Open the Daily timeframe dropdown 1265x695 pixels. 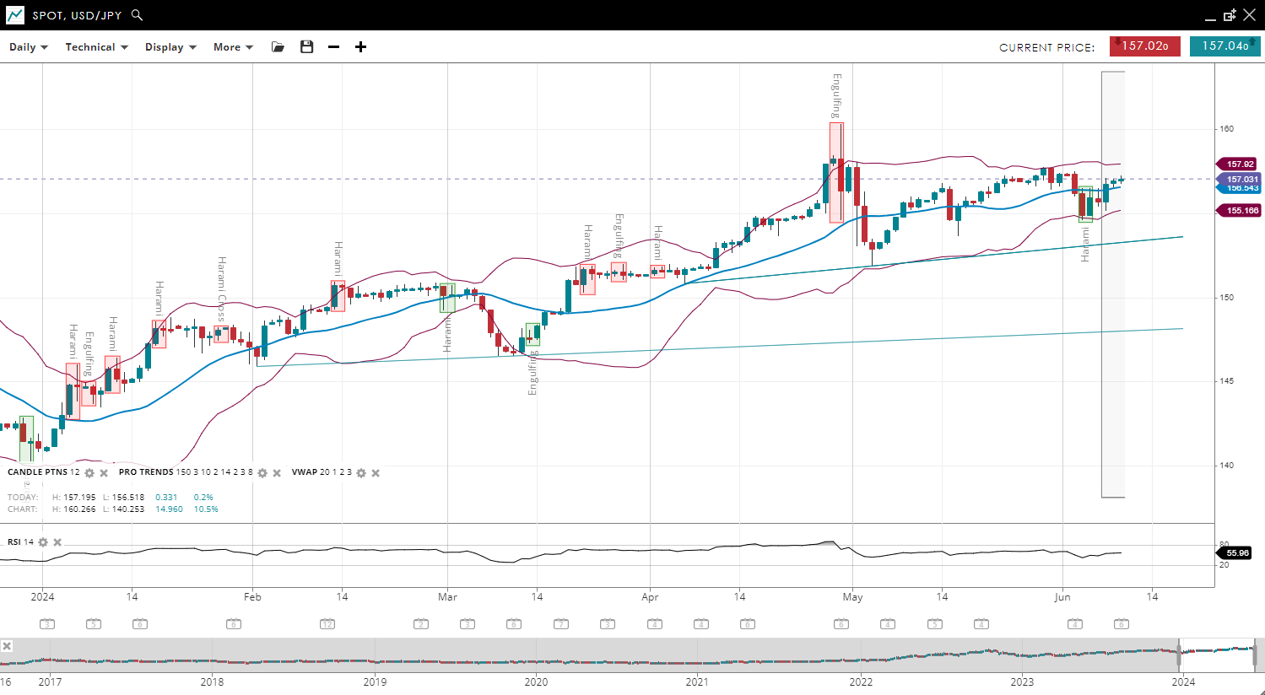point(28,47)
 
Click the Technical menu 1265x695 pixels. point(96,47)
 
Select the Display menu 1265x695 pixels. point(170,47)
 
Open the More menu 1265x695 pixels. point(233,47)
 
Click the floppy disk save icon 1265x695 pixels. point(306,47)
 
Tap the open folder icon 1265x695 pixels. point(278,47)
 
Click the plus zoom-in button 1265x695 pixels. point(360,47)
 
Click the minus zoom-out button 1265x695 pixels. point(333,47)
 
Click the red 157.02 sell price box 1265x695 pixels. point(1144,46)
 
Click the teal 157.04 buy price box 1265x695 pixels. point(1224,46)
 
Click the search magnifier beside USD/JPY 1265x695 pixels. point(138,15)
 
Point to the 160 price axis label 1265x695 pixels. point(1226,129)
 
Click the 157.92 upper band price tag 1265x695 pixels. point(1239,164)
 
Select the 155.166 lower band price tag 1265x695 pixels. point(1241,211)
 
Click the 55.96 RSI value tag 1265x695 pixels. point(1237,553)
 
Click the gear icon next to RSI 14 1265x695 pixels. point(43,542)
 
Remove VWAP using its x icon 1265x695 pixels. point(376,473)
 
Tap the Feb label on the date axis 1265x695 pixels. point(252,597)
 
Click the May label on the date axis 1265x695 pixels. point(852,597)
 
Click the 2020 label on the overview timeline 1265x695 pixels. point(536,682)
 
